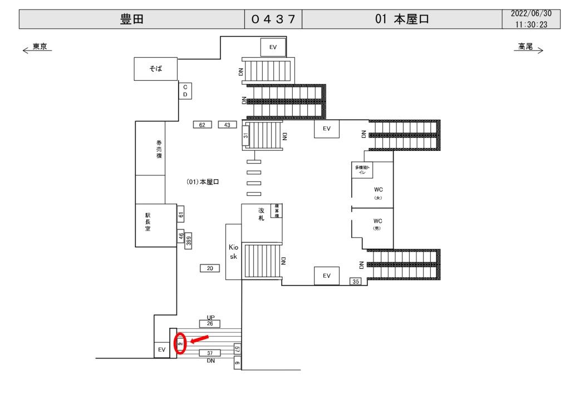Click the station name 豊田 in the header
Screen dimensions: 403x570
tap(132, 19)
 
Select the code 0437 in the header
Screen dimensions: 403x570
tap(273, 19)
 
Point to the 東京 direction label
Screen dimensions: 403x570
tap(39, 47)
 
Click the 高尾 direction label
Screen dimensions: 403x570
tap(525, 47)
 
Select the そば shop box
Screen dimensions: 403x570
tap(155, 68)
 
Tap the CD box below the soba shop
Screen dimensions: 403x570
tap(185, 91)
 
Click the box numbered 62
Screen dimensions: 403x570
tap(202, 125)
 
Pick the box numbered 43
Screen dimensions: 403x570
tap(227, 125)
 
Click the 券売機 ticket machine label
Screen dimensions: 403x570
tap(159, 149)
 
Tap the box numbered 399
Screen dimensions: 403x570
tap(189, 240)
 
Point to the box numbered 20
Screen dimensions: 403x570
tap(210, 268)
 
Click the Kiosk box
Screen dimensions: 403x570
tap(234, 252)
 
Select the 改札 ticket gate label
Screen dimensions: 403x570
tap(261, 214)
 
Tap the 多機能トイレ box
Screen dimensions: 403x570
tap(362, 170)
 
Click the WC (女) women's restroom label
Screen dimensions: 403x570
tap(378, 193)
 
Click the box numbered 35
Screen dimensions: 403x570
tap(356, 282)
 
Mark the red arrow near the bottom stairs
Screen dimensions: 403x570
tap(200, 338)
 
